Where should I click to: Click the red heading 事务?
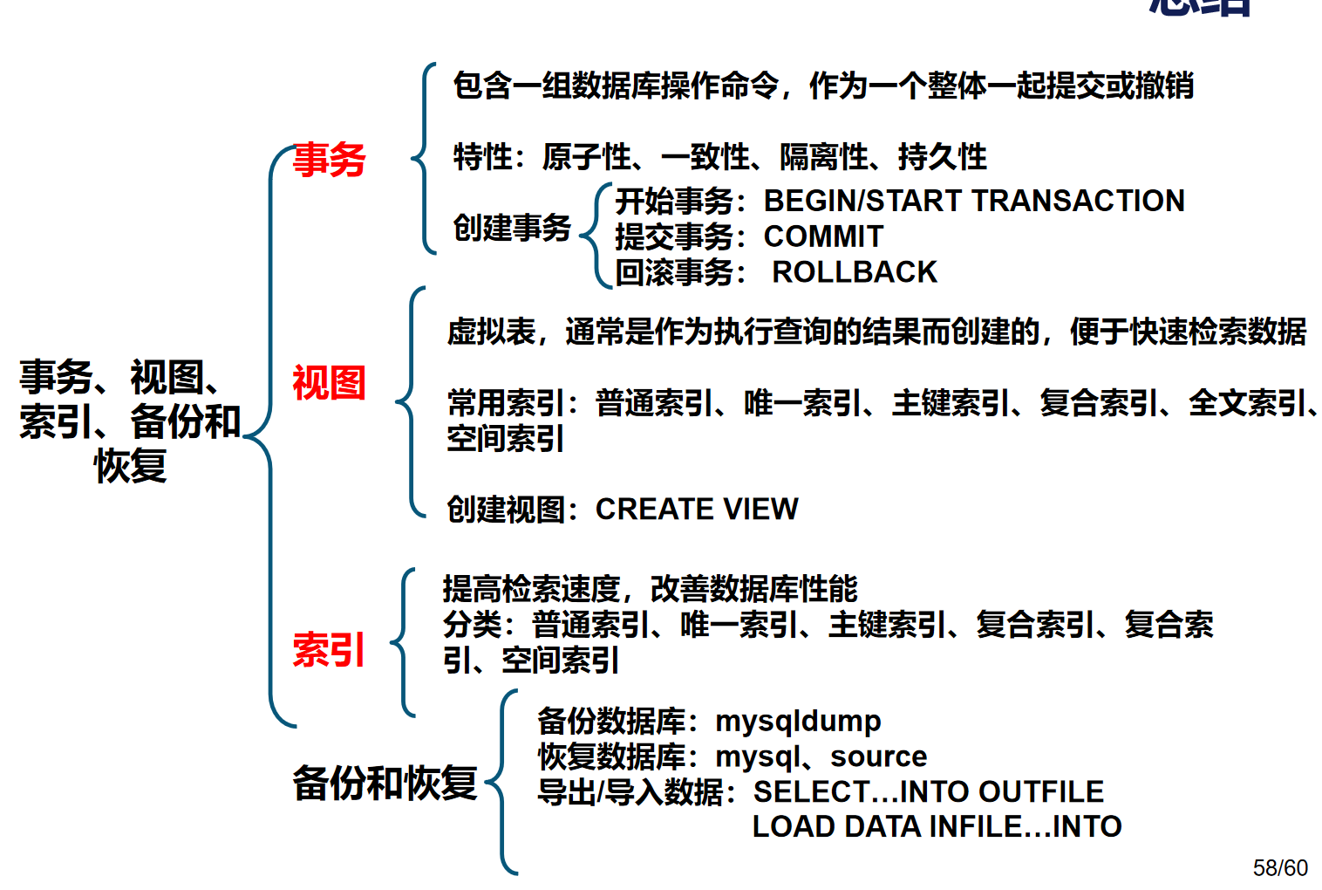[329, 161]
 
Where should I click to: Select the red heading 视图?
[329, 383]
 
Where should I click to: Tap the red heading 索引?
[329, 650]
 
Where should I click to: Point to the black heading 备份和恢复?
[385, 783]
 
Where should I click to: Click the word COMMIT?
[823, 236]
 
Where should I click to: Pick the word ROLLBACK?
[854, 272]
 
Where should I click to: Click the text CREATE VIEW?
[696, 509]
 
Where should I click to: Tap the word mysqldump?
[798, 722]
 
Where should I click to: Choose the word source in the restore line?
[878, 756]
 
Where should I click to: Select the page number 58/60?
[1280, 867]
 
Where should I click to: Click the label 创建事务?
[511, 228]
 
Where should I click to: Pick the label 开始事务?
[674, 201]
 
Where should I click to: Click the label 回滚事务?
[674, 272]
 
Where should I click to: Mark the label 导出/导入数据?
[630, 791]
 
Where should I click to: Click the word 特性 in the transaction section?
[482, 157]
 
